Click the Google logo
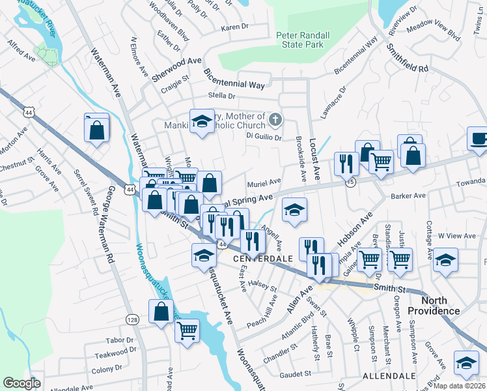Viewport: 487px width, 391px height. coord(21,383)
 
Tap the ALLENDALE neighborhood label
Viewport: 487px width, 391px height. coord(389,377)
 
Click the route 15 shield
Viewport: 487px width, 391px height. coord(351,182)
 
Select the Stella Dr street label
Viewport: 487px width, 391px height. coord(202,95)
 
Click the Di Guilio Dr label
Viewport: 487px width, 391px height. coord(263,137)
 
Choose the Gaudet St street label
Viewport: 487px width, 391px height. coord(296,374)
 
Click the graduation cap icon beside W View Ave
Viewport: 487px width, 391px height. coord(445,259)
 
